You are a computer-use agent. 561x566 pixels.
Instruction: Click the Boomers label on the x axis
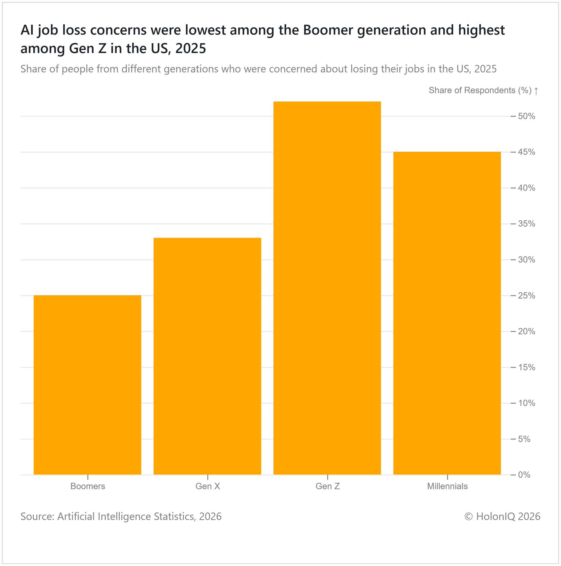88,487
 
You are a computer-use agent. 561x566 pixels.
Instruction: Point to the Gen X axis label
208,487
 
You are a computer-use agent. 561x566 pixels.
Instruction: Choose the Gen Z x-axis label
327,487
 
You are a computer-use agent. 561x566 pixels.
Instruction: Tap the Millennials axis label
447,487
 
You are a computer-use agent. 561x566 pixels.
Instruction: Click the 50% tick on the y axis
526,117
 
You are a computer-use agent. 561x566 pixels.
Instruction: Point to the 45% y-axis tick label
526,152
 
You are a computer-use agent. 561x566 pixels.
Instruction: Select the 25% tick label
526,296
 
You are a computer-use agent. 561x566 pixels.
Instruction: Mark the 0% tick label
524,475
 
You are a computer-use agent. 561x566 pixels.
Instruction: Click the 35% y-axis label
526,224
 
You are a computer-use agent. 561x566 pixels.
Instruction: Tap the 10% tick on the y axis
526,403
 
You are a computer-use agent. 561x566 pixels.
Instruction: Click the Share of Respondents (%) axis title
480,91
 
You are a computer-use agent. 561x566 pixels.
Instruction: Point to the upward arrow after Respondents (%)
536,91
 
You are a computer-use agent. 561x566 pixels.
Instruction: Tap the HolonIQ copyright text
502,516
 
